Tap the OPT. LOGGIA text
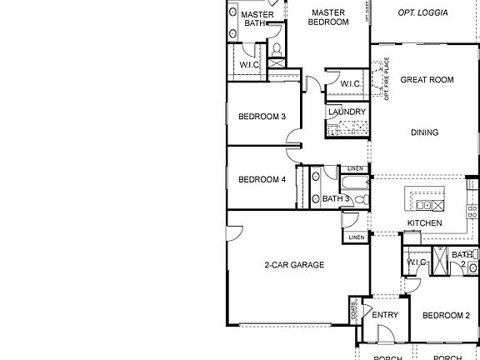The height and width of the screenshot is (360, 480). point(422,12)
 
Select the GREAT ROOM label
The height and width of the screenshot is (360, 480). point(427,80)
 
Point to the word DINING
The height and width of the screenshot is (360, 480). point(424,132)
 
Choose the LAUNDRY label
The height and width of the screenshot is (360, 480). point(347,112)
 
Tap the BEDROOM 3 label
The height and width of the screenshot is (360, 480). point(262,117)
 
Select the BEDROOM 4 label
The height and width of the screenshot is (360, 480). point(262,179)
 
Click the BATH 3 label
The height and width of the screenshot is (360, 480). point(337,198)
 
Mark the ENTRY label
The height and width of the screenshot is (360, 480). point(385,315)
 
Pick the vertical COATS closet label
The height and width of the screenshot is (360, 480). point(355,312)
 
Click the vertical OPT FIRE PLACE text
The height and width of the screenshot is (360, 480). point(387,80)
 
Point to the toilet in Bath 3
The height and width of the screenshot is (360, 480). point(359,200)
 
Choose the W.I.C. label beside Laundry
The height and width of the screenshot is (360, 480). point(350,83)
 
